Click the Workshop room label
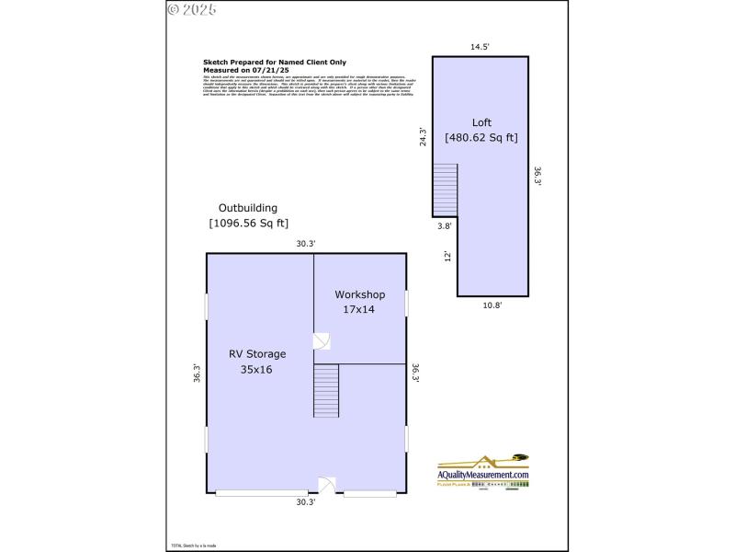[x=359, y=294]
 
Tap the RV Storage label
[x=257, y=353]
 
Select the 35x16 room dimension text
[x=257, y=369]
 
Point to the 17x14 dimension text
[x=359, y=310]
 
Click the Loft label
[x=481, y=122]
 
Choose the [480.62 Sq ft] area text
[x=481, y=138]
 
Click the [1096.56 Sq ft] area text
[x=248, y=223]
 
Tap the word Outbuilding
[x=247, y=208]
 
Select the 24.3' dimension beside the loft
[x=423, y=136]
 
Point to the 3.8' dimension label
[x=444, y=224]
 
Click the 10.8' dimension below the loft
[x=492, y=305]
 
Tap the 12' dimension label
[x=447, y=256]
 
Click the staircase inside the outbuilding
[x=327, y=390]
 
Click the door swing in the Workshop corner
[x=321, y=341]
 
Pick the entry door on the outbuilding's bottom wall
[x=327, y=485]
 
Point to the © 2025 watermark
[x=192, y=10]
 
